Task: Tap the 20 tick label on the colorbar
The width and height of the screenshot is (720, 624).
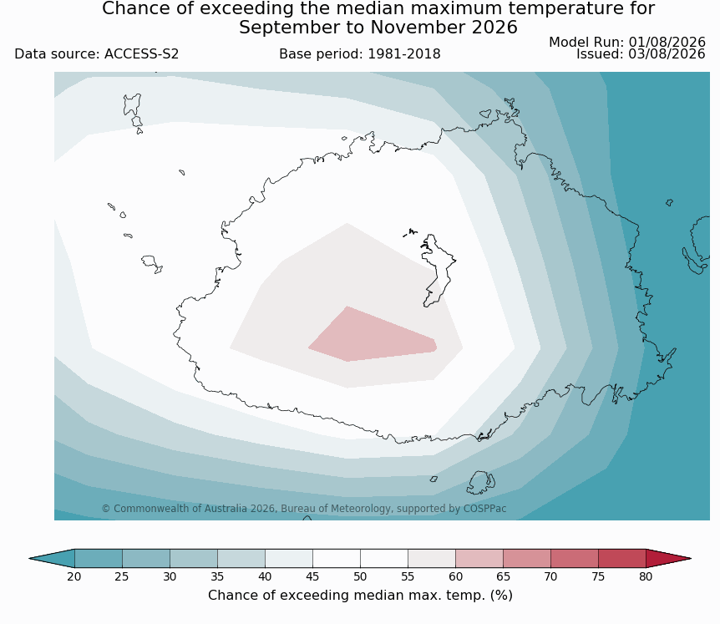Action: tap(74, 576)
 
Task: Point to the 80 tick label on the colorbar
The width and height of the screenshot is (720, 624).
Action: tap(646, 576)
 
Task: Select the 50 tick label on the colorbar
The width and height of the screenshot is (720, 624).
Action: tap(360, 576)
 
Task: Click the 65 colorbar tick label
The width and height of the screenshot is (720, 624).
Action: tap(503, 576)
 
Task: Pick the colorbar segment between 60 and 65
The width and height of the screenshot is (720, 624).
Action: tap(479, 558)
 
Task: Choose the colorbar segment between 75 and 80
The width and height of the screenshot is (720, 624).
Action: tap(622, 558)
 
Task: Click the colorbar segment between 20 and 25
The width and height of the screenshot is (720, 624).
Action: tap(99, 558)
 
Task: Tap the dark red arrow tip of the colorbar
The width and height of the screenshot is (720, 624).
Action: tap(668, 558)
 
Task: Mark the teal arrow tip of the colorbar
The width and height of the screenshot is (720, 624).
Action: tap(52, 558)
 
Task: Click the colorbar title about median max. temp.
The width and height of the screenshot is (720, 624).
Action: tap(360, 595)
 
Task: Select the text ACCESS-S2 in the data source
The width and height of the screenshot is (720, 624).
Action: tap(141, 54)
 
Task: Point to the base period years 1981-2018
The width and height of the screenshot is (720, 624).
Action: tap(404, 54)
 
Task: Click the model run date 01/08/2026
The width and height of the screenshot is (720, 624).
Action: tap(667, 42)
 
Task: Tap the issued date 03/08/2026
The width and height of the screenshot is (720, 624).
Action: tap(667, 53)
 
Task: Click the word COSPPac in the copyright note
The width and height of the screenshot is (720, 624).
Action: tap(485, 509)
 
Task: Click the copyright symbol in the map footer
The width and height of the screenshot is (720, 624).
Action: tap(106, 509)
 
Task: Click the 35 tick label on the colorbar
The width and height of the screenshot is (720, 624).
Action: tap(217, 576)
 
